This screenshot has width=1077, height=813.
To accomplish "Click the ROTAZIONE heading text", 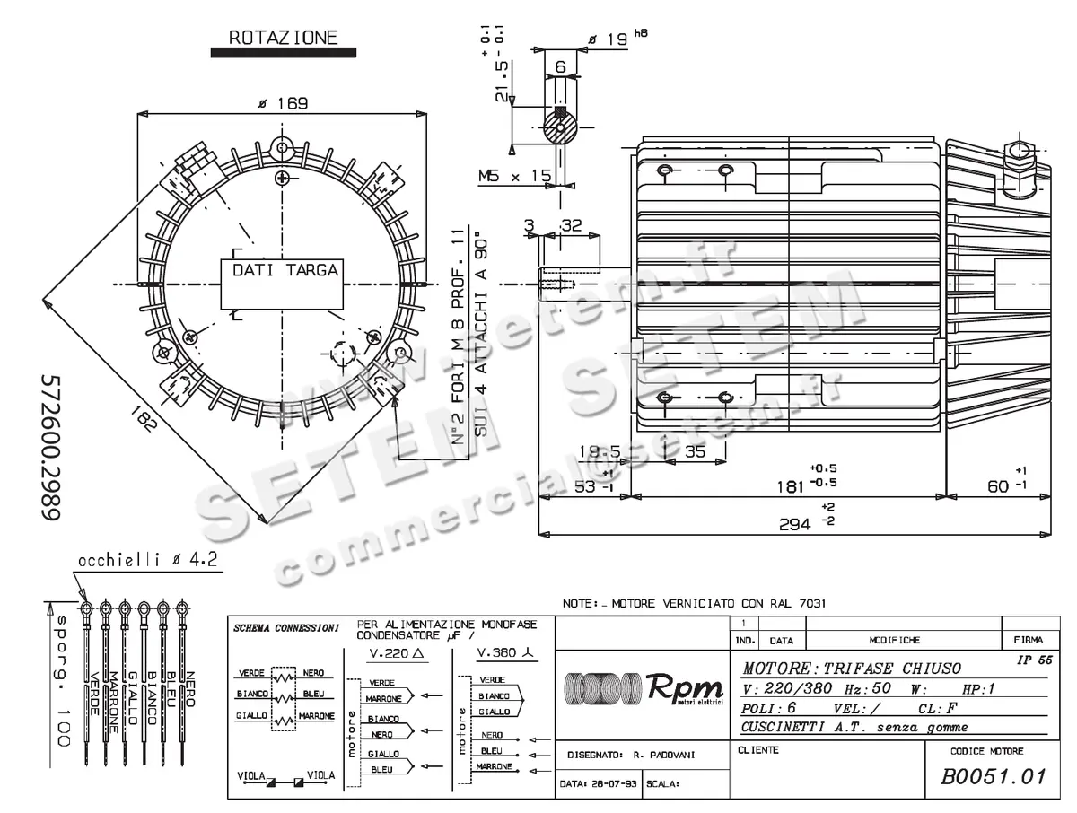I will tap(283, 37).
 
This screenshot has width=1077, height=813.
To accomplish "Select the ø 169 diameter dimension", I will tap(283, 103).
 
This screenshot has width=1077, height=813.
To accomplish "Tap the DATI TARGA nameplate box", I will tap(285, 270).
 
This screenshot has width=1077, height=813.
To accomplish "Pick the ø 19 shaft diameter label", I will tap(609, 39).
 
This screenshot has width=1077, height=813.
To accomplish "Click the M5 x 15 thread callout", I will tap(515, 176).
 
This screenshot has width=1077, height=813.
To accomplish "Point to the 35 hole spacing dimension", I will tap(695, 451).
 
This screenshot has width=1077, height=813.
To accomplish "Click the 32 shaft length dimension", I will tap(571, 225).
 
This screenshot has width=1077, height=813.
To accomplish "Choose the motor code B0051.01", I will tap(994, 776).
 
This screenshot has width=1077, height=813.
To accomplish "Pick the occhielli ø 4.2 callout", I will tap(148, 560).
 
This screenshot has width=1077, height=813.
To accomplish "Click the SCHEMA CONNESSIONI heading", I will tap(285, 627).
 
